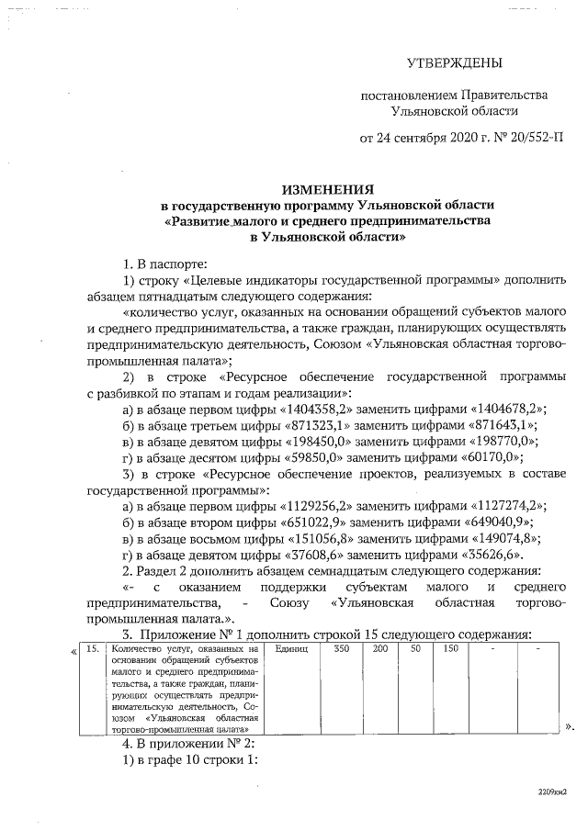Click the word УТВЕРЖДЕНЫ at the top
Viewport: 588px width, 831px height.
pos(455,63)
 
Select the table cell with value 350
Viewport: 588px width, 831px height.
pos(341,650)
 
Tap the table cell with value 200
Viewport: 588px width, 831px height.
pos(379,650)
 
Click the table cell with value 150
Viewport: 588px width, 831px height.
pos(450,650)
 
